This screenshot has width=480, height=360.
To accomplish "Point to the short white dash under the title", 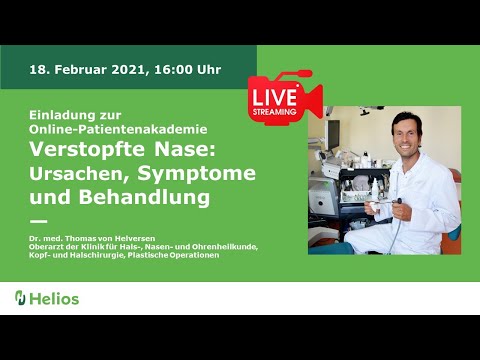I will [x=39, y=221].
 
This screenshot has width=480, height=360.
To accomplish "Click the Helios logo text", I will [x=55, y=298].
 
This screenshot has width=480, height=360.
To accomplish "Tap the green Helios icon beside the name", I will [x=20, y=298].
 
